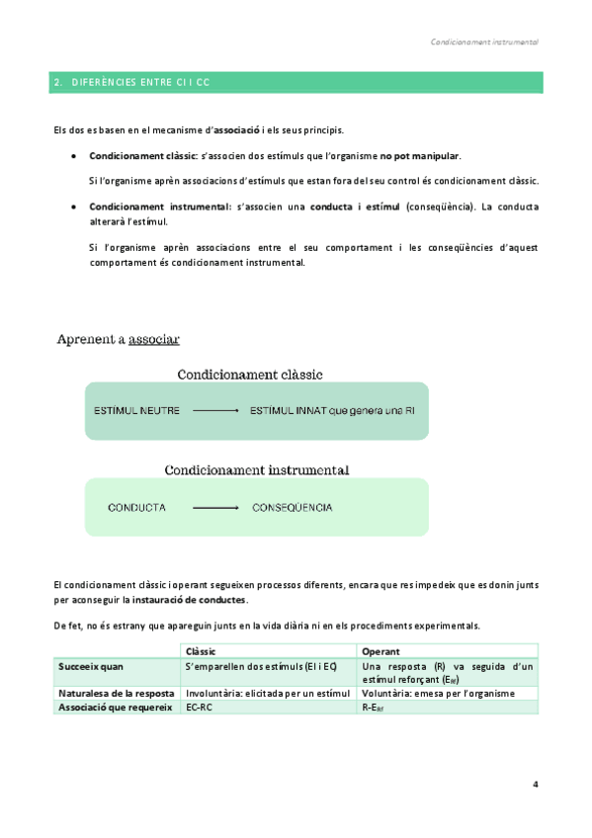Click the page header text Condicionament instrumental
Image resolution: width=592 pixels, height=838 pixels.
[484, 43]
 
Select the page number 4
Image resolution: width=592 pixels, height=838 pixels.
[535, 785]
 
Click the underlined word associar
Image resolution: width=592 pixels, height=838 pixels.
[154, 339]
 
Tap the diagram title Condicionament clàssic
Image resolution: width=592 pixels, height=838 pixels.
[250, 375]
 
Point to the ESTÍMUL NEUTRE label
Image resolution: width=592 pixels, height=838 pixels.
[136, 410]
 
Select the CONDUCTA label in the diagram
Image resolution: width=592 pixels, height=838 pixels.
[136, 508]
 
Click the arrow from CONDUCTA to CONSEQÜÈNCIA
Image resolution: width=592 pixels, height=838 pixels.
[215, 508]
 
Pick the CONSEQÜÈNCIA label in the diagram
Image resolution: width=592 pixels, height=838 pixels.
[292, 508]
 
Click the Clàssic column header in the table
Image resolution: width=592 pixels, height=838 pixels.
[201, 651]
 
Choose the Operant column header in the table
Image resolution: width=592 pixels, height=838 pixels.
[381, 651]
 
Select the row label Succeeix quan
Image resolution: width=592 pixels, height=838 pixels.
[92, 667]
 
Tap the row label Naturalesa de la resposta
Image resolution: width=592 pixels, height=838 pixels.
[117, 694]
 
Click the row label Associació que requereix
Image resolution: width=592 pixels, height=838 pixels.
[116, 708]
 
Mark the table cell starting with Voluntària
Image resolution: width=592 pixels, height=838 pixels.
[439, 694]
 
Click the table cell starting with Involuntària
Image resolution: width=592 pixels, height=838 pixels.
[267, 694]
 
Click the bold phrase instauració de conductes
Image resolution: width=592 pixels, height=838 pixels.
[191, 600]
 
